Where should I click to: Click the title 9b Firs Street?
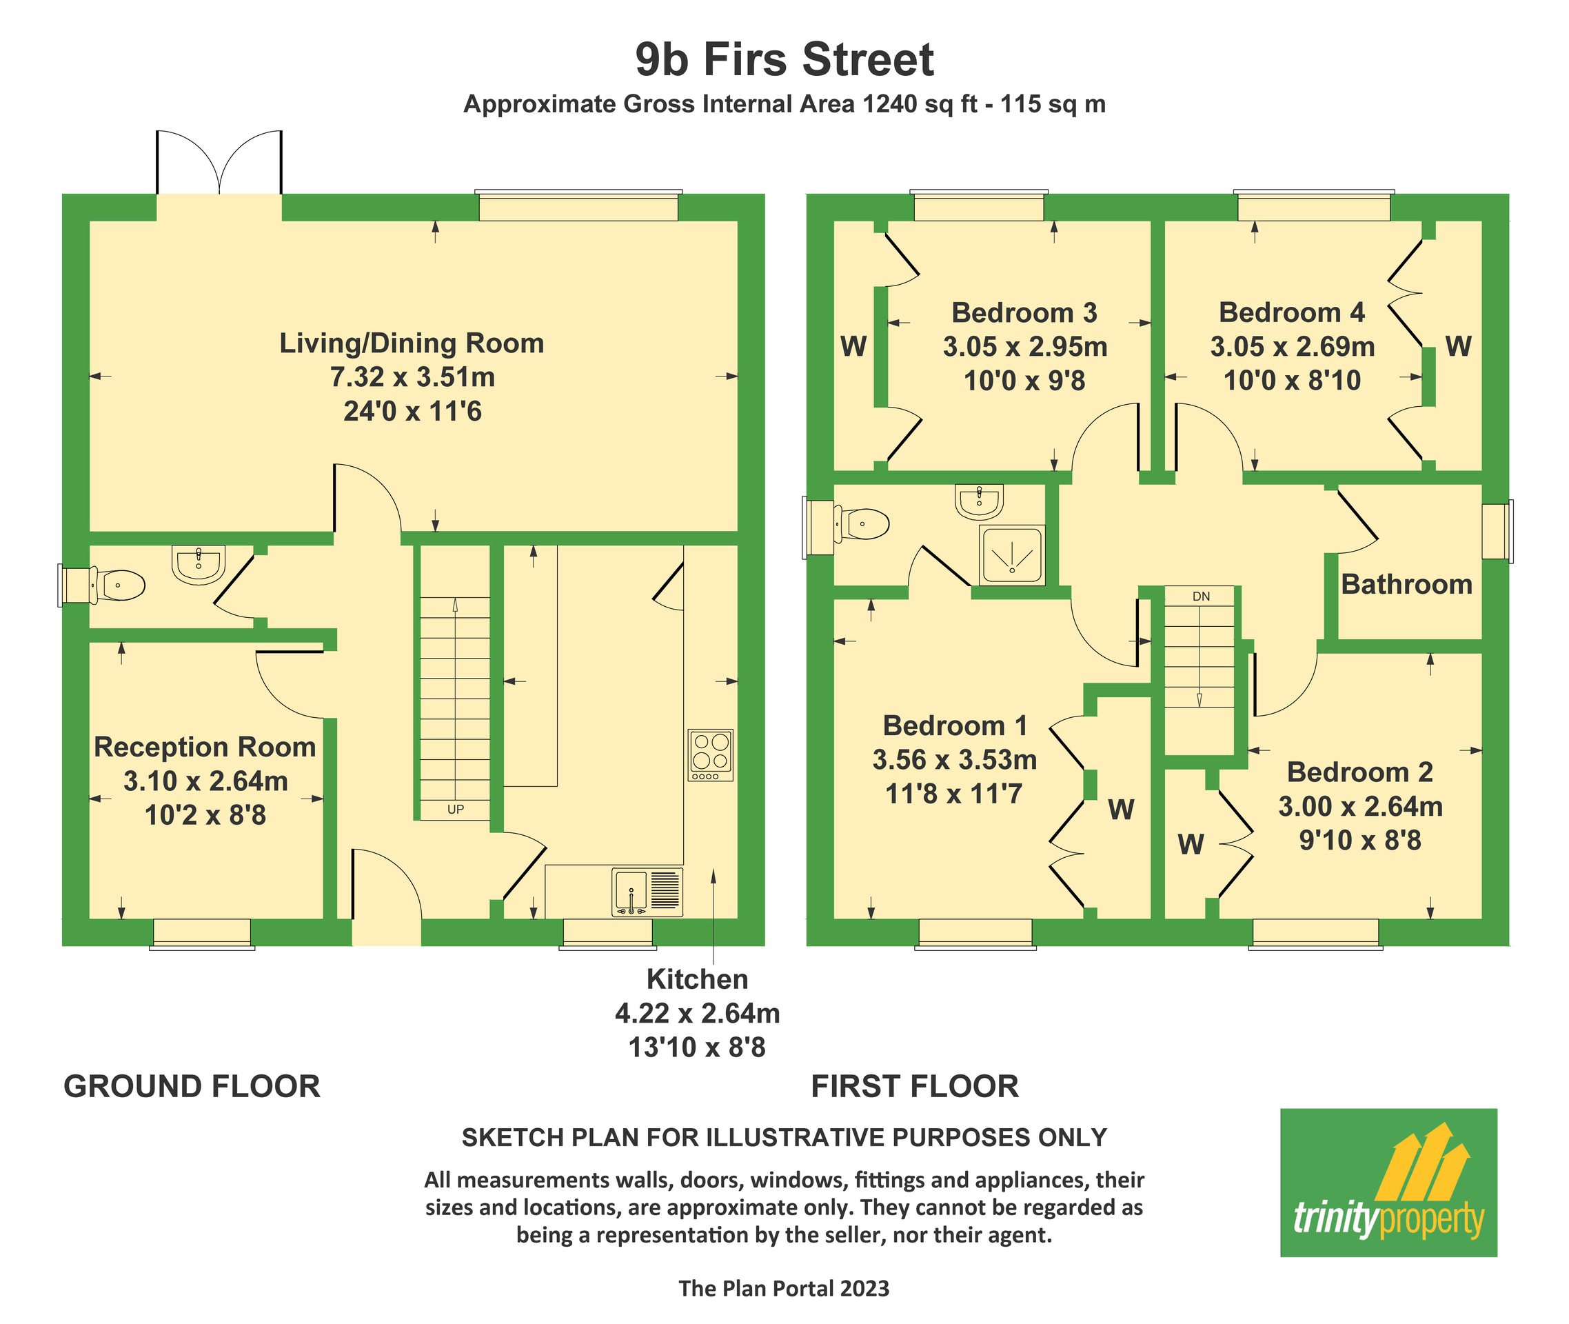point(784,60)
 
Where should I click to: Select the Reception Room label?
point(204,748)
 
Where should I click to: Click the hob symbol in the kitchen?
point(711,755)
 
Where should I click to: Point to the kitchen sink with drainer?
point(647,892)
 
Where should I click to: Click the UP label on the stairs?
point(456,810)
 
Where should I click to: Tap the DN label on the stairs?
point(1201,596)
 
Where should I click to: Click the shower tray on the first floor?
point(1011,555)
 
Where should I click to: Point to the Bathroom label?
point(1406,585)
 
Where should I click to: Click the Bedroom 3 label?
point(1024,313)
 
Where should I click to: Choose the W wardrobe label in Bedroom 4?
point(1458,347)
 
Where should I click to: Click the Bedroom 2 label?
point(1359,772)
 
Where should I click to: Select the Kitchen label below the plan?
point(697,979)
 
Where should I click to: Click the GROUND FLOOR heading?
point(192,1087)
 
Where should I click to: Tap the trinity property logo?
point(1388,1182)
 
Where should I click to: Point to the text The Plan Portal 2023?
point(784,1289)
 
